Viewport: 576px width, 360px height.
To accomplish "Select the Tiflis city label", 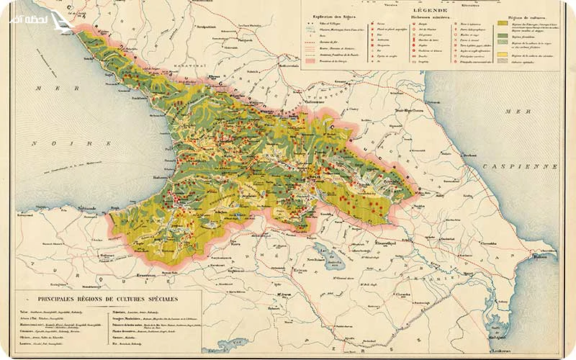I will pyautogui.click(x=314, y=175).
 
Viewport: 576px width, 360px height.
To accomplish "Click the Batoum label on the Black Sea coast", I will pyautogui.click(x=158, y=176).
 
